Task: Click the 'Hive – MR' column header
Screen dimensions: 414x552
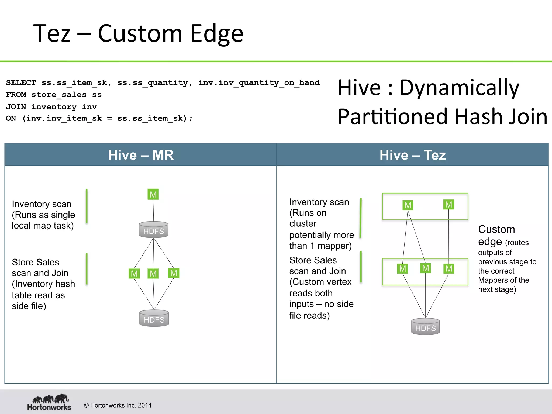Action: point(141,155)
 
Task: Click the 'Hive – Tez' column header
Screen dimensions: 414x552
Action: point(412,155)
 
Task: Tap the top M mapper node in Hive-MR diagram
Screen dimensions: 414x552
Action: point(153,194)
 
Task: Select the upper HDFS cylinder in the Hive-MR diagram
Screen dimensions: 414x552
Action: point(154,230)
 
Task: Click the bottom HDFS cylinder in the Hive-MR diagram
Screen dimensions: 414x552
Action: point(154,318)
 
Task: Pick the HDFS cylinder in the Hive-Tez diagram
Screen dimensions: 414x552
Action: point(425,327)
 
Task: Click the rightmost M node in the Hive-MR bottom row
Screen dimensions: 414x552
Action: point(174,273)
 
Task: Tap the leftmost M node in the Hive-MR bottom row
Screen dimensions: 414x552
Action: point(134,274)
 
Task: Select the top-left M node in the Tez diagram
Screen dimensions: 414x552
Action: point(408,205)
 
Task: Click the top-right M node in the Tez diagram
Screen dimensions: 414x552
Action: point(448,205)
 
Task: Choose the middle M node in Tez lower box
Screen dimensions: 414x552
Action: point(425,268)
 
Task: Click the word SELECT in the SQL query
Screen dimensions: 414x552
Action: point(21,82)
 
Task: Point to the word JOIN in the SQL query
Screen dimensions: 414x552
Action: point(16,107)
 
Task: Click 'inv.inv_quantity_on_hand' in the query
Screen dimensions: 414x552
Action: point(259,82)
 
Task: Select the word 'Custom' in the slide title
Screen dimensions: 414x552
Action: point(140,33)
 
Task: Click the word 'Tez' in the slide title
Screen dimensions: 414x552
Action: point(52,33)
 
